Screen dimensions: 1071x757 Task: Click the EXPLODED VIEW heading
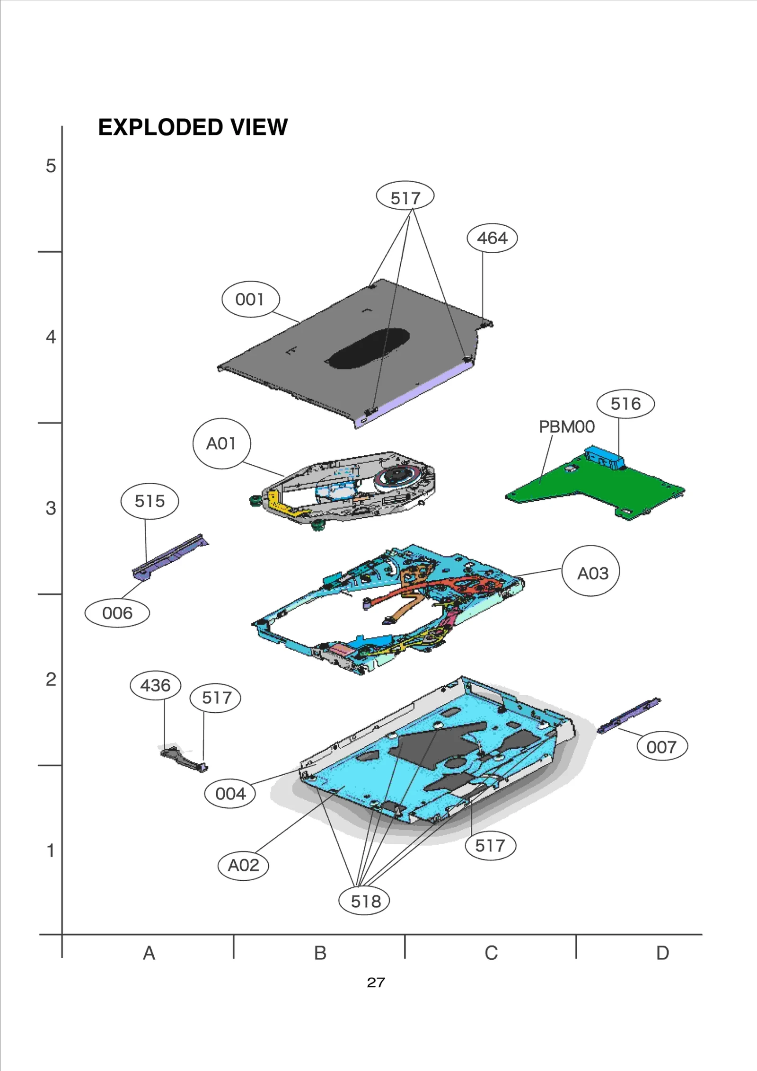pyautogui.click(x=193, y=127)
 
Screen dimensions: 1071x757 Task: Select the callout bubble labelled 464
pyautogui.click(x=492, y=238)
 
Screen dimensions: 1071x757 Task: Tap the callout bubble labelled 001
pyautogui.click(x=250, y=299)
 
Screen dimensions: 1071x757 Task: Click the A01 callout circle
pyautogui.click(x=221, y=443)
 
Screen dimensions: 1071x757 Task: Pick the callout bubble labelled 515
pyautogui.click(x=150, y=501)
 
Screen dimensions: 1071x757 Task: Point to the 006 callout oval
pyautogui.click(x=117, y=613)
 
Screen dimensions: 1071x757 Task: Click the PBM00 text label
pyautogui.click(x=566, y=427)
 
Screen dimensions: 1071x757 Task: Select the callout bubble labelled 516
pyautogui.click(x=625, y=404)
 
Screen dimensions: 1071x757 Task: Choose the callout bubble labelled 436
pyautogui.click(x=155, y=685)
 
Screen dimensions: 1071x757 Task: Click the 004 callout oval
pyautogui.click(x=230, y=793)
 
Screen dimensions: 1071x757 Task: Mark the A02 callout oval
pyautogui.click(x=243, y=865)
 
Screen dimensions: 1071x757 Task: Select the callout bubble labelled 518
pyautogui.click(x=364, y=901)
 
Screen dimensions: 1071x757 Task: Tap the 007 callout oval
pyautogui.click(x=661, y=747)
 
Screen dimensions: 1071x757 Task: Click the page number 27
pyautogui.click(x=376, y=982)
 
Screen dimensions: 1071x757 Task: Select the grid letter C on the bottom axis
pyautogui.click(x=491, y=953)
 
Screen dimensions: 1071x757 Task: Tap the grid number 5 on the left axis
pyautogui.click(x=51, y=166)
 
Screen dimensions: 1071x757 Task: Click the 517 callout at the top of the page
pyautogui.click(x=405, y=197)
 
